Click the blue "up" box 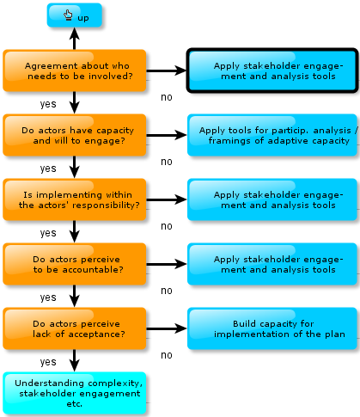pyautogui.click(x=75, y=15)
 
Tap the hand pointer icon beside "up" pyautogui.click(x=68, y=15)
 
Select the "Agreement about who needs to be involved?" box pyautogui.click(x=75, y=71)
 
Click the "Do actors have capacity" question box pyautogui.click(x=75, y=135)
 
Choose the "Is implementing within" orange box pyautogui.click(x=75, y=199)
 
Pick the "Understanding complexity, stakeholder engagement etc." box pyautogui.click(x=75, y=393)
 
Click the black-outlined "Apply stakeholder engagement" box pyautogui.click(x=272, y=71)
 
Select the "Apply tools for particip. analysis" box pyautogui.click(x=272, y=135)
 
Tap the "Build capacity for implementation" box pyautogui.click(x=272, y=328)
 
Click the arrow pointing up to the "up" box pyautogui.click(x=75, y=39)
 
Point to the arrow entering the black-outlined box pyautogui.click(x=167, y=71)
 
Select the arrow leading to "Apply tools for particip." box pyautogui.click(x=167, y=135)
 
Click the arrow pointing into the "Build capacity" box pyautogui.click(x=167, y=328)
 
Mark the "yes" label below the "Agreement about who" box pyautogui.click(x=48, y=104)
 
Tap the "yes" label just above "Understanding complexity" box pyautogui.click(x=48, y=362)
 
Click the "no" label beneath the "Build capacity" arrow pyautogui.click(x=167, y=355)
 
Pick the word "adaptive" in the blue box pyautogui.click(x=289, y=141)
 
